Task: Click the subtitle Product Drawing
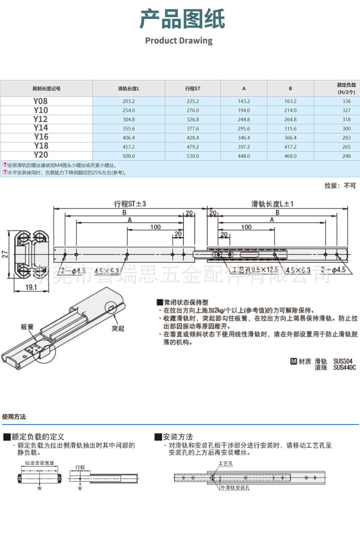click(x=179, y=40)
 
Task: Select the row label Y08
click(x=40, y=102)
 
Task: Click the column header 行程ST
click(x=193, y=88)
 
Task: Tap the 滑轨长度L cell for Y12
click(x=129, y=120)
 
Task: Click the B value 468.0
click(x=290, y=156)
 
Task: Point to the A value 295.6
click(x=243, y=129)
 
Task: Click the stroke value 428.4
click(x=193, y=138)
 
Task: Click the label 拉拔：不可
click(x=340, y=185)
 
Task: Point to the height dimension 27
click(x=4, y=255)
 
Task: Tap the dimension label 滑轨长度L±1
click(x=273, y=203)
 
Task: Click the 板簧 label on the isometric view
click(x=27, y=327)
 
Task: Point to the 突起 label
click(x=118, y=328)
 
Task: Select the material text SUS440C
click(x=344, y=368)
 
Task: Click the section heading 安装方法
click(x=178, y=436)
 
